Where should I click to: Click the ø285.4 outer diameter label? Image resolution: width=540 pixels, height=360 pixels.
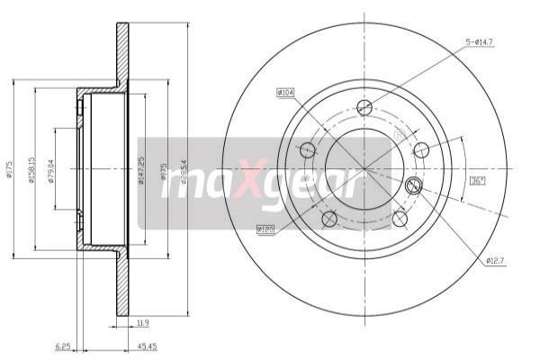183,170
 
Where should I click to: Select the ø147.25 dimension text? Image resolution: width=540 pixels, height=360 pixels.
141,170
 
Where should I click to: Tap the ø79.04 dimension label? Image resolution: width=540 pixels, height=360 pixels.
53,170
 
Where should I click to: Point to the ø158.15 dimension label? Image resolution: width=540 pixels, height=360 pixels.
32,170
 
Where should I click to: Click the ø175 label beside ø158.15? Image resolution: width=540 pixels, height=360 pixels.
11,170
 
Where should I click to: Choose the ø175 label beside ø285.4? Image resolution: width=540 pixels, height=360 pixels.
164,170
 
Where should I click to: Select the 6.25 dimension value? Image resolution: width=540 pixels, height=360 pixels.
62,345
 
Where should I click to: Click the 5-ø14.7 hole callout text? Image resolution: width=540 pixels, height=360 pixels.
480,41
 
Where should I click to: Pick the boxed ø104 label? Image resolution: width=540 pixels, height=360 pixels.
286,92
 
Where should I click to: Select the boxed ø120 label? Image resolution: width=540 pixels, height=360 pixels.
265,229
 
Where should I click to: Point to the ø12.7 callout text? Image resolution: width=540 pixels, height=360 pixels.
495,261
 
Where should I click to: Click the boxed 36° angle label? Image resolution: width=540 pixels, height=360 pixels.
477,180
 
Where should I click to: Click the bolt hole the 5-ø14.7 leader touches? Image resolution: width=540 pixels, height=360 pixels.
364,108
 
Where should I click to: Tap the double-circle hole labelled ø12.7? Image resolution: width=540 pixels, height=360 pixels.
414,186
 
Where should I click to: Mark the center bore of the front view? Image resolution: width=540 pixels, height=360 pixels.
364,168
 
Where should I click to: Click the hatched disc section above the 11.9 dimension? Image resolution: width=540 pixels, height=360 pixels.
122,288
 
